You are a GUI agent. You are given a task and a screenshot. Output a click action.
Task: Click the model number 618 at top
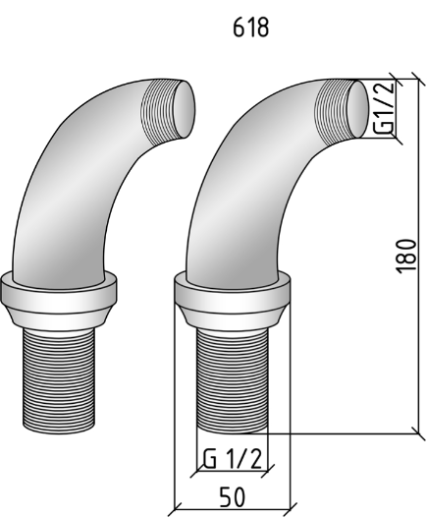pyautogui.click(x=250, y=28)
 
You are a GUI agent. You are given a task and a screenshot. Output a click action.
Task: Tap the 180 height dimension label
pyautogui.click(x=405, y=256)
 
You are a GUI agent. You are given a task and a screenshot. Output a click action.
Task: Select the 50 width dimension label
pyautogui.click(x=233, y=496)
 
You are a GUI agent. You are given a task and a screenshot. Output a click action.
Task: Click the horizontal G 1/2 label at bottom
pyautogui.click(x=233, y=459)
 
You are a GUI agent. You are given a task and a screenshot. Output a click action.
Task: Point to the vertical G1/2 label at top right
pyautogui.click(x=385, y=107)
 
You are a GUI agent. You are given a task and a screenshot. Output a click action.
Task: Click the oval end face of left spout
pyautogui.click(x=185, y=109)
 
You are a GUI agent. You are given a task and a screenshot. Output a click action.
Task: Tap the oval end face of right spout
pyautogui.click(x=358, y=109)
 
